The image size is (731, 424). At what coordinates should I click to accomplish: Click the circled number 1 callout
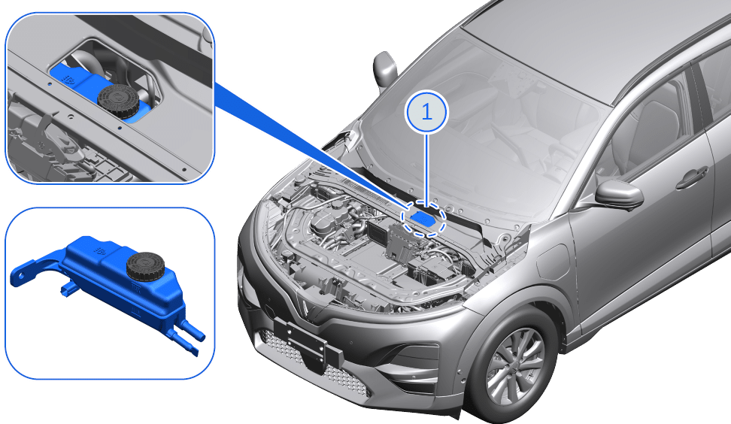(x=426, y=113)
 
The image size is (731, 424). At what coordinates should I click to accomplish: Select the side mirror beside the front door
(x=618, y=194)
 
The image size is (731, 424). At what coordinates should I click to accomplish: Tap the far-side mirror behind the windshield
(x=385, y=68)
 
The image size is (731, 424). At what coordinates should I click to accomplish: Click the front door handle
(x=690, y=180)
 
